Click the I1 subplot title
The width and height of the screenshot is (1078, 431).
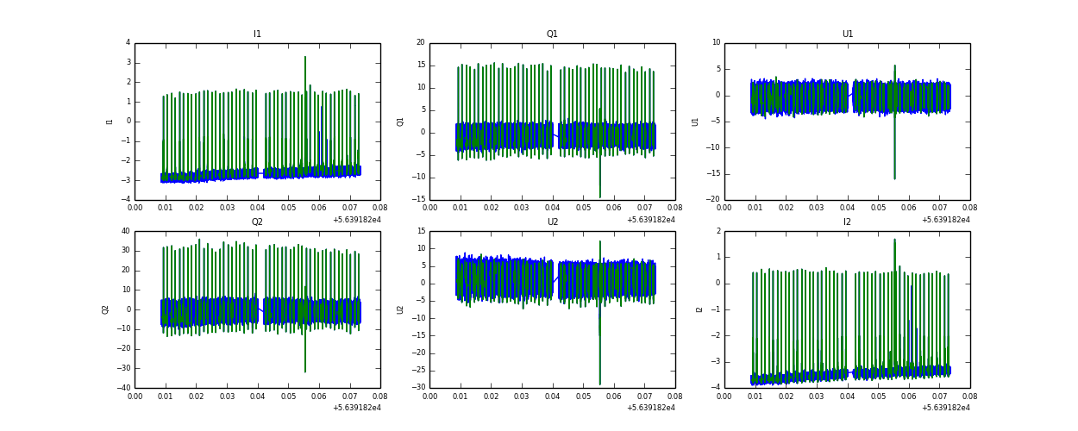tap(257, 34)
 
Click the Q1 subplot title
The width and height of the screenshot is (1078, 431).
tap(552, 34)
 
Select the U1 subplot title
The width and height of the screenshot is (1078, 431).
tap(847, 34)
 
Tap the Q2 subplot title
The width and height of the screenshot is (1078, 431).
tap(257, 222)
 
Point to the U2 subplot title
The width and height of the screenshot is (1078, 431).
tap(552, 222)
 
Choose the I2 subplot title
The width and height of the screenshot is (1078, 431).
tap(847, 222)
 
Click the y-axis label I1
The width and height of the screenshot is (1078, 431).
tap(110, 122)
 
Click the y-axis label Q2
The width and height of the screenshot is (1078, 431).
tap(106, 309)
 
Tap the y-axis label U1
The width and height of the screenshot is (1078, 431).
tap(695, 122)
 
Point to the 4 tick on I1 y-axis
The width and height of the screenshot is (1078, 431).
tap(128, 43)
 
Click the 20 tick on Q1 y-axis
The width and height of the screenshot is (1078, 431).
tap(421, 43)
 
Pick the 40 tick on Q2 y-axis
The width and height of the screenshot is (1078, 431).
tap(125, 231)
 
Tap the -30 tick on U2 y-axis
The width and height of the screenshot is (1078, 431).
tap(418, 388)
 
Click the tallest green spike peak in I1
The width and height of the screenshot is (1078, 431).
tap(305, 57)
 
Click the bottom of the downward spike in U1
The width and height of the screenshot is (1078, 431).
tap(894, 178)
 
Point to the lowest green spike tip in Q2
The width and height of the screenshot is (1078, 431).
tap(305, 372)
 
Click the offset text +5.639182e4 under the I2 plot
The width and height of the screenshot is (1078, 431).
tap(945, 408)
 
